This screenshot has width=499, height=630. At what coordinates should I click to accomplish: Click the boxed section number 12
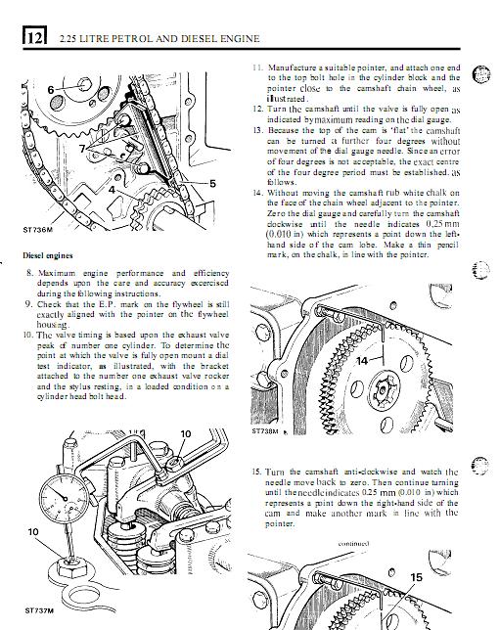35,36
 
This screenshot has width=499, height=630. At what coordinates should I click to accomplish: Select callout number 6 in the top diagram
51,90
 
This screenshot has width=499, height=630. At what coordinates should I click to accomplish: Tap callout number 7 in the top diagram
82,149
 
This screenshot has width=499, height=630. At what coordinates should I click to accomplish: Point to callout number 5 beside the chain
212,184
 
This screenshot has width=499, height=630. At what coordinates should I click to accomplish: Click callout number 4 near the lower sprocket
112,189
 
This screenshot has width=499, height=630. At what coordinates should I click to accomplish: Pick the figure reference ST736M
37,230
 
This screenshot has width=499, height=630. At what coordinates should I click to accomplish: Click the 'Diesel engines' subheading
48,255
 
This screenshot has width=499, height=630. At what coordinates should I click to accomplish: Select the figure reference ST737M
39,611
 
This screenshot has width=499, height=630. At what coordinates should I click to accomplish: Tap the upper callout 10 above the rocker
186,434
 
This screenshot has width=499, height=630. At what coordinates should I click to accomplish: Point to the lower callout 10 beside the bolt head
33,532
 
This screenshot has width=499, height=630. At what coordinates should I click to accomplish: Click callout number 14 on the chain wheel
362,361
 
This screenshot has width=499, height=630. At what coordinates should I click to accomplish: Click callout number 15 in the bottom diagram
416,577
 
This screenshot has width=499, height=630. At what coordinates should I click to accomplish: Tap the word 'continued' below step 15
353,544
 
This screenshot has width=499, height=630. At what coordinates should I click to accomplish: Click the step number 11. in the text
257,67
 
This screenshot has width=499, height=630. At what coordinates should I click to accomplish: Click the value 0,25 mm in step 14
442,224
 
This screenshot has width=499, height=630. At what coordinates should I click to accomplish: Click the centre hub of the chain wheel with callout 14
385,390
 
